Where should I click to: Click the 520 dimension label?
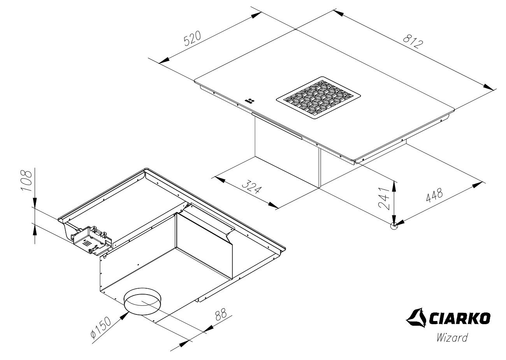pos(192,39)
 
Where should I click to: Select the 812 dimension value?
pos(413,41)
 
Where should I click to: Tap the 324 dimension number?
pos(251,187)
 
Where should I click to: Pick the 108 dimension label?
pos(26,180)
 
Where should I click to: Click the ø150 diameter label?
pos(101,328)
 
